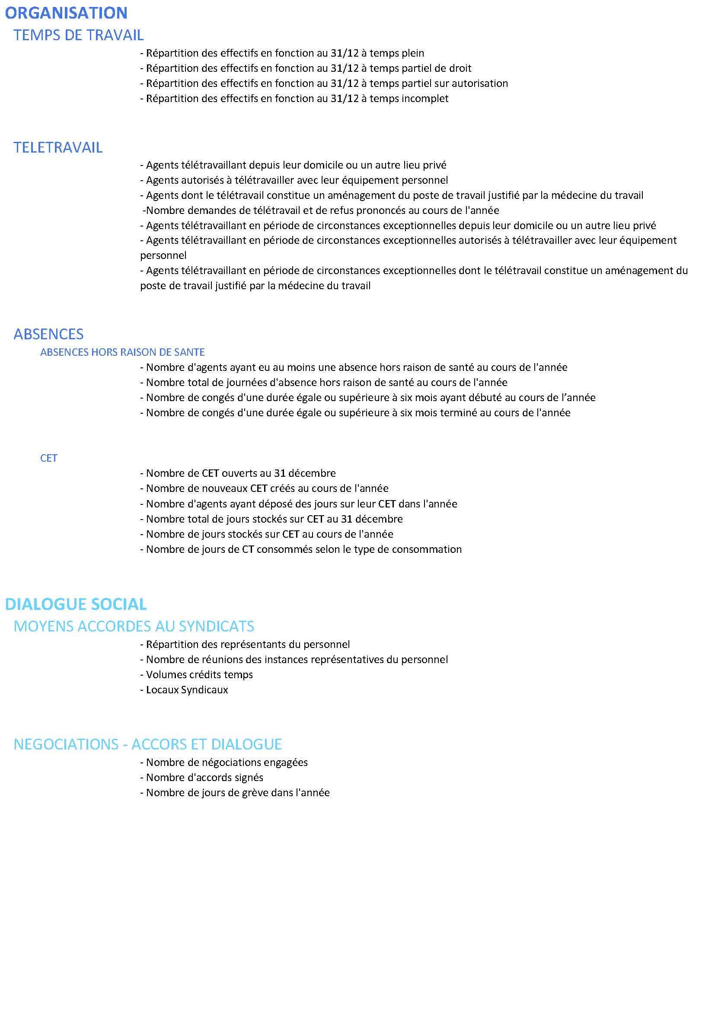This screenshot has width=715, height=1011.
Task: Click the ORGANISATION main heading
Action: [66, 13]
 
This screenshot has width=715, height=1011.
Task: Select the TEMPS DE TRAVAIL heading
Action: [78, 35]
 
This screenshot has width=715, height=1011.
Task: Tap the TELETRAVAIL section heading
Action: [57, 147]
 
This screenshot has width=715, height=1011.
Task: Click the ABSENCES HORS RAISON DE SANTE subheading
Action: [122, 352]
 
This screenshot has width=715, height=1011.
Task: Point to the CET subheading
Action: [48, 458]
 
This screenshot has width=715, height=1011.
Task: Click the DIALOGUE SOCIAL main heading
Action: [76, 604]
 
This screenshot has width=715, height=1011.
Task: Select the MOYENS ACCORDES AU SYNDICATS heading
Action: [134, 626]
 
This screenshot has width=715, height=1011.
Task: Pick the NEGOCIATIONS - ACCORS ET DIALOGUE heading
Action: [147, 744]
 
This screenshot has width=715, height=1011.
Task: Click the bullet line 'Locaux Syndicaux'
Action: [184, 689]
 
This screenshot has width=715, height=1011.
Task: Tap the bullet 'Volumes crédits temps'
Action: [196, 675]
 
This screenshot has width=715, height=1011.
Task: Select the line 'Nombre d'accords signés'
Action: [201, 778]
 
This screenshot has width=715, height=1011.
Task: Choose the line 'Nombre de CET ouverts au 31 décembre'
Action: [238, 473]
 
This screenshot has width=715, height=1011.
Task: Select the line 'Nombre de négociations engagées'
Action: [223, 762]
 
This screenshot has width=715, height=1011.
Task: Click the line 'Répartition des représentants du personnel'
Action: [245, 644]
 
